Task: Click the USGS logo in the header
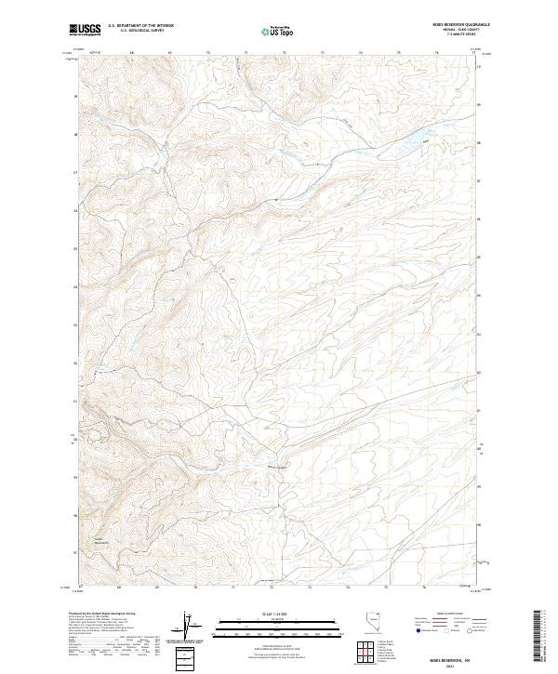pyautogui.click(x=85, y=31)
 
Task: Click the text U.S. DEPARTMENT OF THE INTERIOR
pyautogui.click(x=140, y=26)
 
